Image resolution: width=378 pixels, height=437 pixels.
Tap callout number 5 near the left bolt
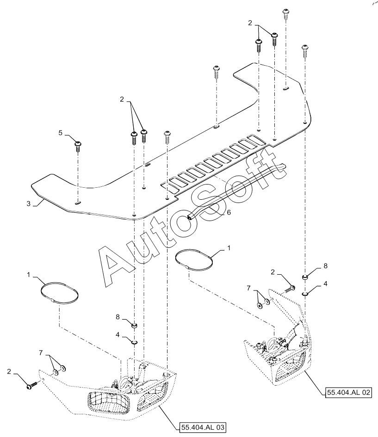click(x=61, y=132)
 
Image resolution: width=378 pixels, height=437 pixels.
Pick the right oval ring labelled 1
click(x=195, y=259)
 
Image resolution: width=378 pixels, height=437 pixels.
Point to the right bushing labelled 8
click(x=305, y=277)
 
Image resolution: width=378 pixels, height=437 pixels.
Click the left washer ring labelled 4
click(x=134, y=342)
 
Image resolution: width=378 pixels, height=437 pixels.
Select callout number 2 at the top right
click(x=251, y=22)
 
